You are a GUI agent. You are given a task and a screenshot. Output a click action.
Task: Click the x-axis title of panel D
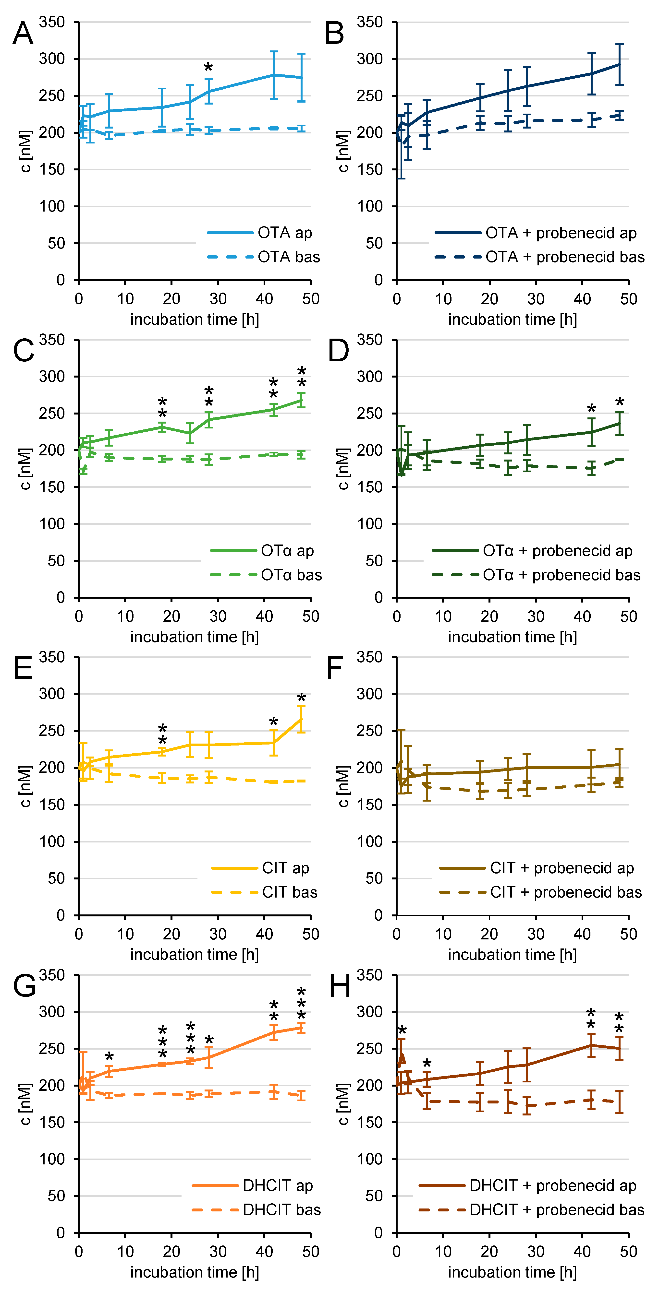(512, 637)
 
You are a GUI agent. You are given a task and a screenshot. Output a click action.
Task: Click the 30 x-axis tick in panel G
(218, 1251)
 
